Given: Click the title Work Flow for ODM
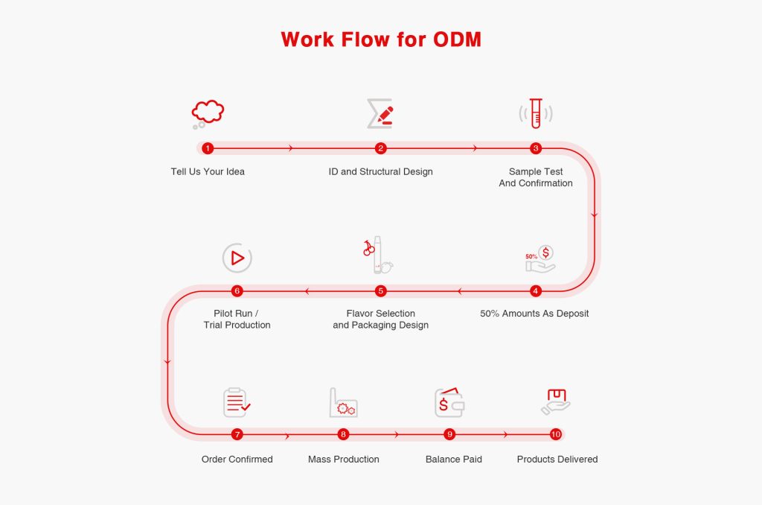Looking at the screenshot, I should point(381,39).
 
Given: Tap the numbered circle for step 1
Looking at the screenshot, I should point(208,148).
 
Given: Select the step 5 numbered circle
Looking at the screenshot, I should point(380,290).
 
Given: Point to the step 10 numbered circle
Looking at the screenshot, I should point(556,434).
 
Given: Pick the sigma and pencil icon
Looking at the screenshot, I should point(380,114).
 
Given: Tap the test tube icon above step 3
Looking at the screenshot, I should point(536,114).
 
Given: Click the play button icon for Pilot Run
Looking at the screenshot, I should point(237,258).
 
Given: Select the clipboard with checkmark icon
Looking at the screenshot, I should point(237,402).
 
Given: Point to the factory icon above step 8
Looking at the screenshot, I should point(343,402).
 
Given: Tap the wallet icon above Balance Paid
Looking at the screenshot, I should point(449,402).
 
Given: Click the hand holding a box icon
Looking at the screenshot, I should point(555,402).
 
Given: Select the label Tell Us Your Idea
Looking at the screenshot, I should point(208,172).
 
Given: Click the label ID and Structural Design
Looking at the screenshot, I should point(380,172).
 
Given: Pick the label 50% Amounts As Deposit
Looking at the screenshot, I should point(534,314).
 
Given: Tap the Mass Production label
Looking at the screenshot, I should point(343,460).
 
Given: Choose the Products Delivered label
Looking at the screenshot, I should point(557,460).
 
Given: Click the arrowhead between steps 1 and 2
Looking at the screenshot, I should point(291,148).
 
